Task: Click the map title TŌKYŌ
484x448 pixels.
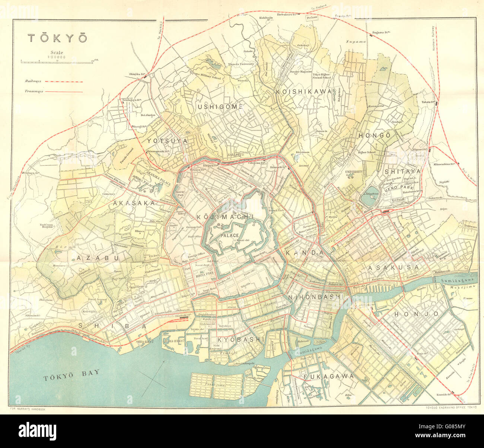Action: click(x=57, y=38)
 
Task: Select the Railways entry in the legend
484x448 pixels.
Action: click(x=33, y=81)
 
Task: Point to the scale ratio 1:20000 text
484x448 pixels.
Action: click(x=57, y=57)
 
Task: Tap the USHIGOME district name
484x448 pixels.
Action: click(x=220, y=107)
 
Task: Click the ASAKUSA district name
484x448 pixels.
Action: click(x=393, y=267)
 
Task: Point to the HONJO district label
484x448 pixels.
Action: click(x=411, y=314)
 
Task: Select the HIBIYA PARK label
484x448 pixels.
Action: click(x=203, y=273)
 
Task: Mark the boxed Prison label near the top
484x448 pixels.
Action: click(x=312, y=18)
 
